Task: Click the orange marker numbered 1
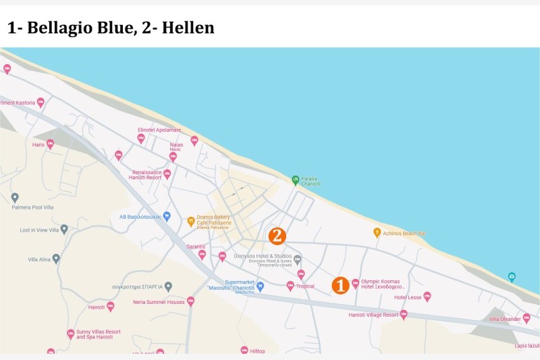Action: pos(340,285)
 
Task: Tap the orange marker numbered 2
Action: pos(277,236)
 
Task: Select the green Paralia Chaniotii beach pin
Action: pos(295,180)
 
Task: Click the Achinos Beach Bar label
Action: pos(404,233)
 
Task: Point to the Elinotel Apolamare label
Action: pos(159,129)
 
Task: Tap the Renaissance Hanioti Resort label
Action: pos(146,175)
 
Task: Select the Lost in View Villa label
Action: pos(39,230)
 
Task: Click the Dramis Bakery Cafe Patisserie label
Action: pos(214,221)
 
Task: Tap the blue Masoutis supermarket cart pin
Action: pos(260,286)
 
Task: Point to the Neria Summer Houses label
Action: pos(159,302)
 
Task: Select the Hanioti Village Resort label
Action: pos(373,315)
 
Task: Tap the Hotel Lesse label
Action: pos(408,297)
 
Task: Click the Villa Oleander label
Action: pos(505,319)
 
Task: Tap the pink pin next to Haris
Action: pos(50,144)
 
